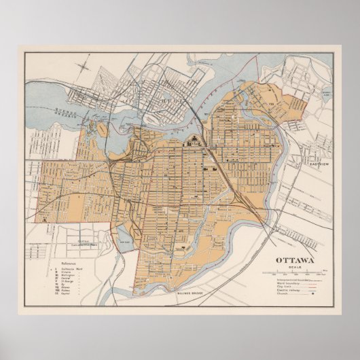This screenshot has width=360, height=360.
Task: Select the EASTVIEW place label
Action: pos(319,164)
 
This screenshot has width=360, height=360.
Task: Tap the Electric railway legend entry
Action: pos(293,291)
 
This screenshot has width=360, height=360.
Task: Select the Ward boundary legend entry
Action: pos(291,283)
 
